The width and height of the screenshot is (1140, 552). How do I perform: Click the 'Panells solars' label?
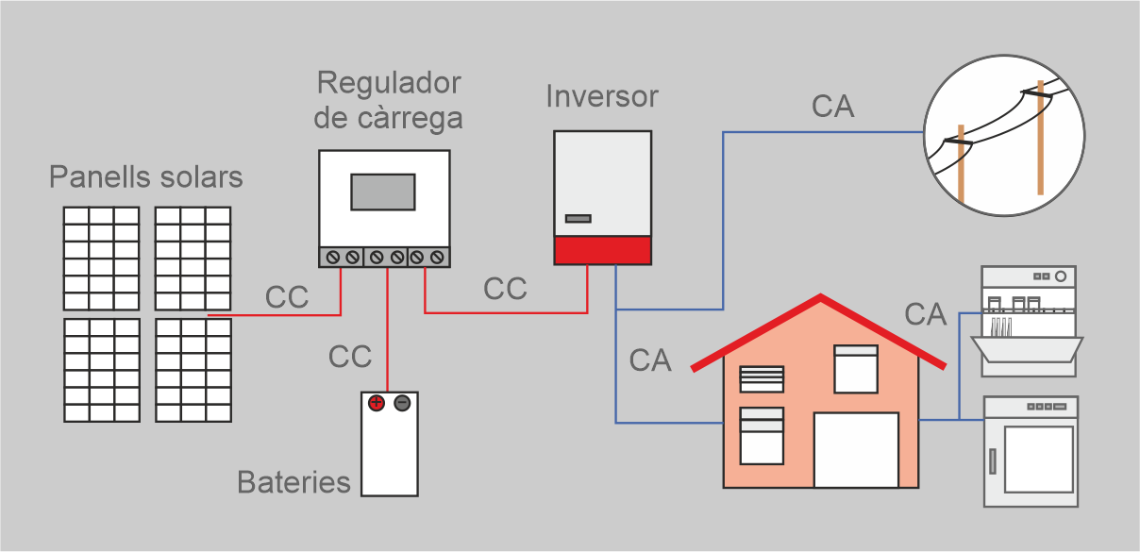pyautogui.click(x=146, y=177)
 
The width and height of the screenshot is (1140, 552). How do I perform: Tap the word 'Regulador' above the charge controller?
pyautogui.click(x=389, y=83)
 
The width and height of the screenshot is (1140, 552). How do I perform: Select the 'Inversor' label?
pyautogui.click(x=602, y=96)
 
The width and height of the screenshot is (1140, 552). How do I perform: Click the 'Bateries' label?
pyautogui.click(x=293, y=482)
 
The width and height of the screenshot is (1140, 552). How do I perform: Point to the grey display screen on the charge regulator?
pyautogui.click(x=383, y=192)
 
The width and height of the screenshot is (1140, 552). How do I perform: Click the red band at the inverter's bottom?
pyautogui.click(x=602, y=251)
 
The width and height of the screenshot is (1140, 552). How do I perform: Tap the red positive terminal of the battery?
pyautogui.click(x=376, y=403)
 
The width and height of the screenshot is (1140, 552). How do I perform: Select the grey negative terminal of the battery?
pyautogui.click(x=402, y=403)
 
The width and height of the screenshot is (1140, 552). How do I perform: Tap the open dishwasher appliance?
pyautogui.click(x=1029, y=322)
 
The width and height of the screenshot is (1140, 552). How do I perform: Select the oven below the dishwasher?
pyautogui.click(x=1031, y=452)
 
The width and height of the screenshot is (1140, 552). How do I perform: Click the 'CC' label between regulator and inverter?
pyautogui.click(x=505, y=289)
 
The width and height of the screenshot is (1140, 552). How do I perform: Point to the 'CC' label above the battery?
pyautogui.click(x=350, y=357)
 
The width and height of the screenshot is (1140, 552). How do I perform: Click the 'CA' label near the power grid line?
pyautogui.click(x=832, y=107)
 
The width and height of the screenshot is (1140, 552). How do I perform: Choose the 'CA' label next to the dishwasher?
pyautogui.click(x=925, y=314)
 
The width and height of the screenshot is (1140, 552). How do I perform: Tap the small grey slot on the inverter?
pyautogui.click(x=578, y=219)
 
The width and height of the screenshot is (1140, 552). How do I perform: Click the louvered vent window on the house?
pyautogui.click(x=762, y=378)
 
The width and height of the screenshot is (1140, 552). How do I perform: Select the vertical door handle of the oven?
pyautogui.click(x=993, y=461)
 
